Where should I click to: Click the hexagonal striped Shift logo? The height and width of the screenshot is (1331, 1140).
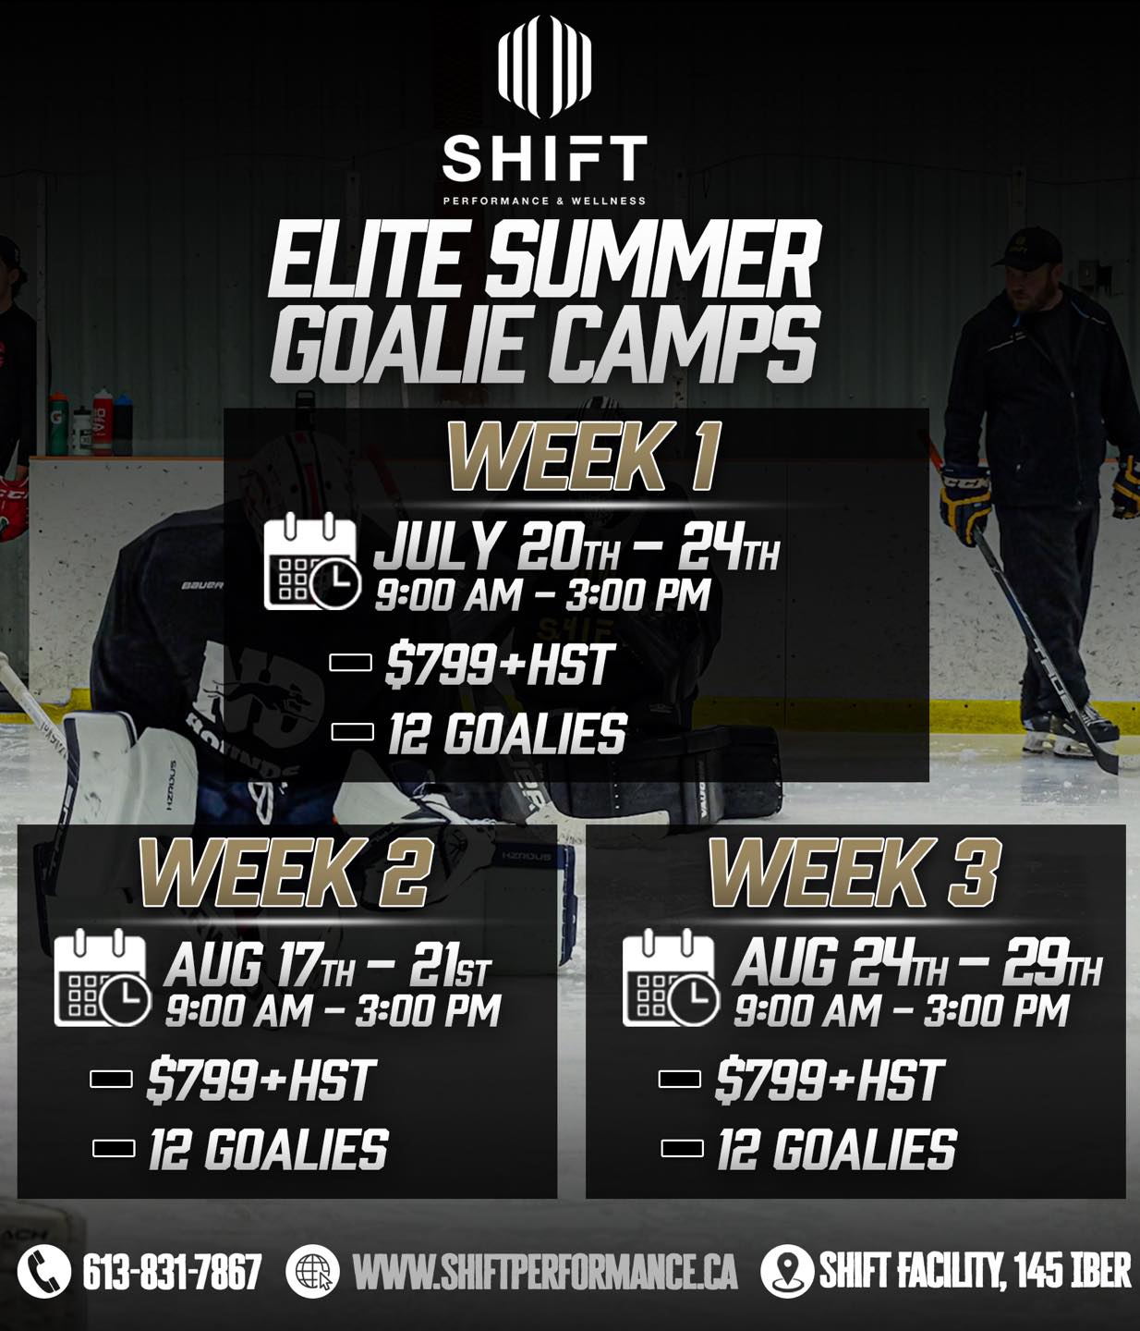coord(544,67)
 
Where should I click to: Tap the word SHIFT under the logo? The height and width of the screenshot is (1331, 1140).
coord(544,158)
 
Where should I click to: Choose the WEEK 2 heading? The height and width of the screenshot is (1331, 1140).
coord(284,873)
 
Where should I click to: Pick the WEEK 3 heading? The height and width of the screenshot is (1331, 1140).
coord(854,873)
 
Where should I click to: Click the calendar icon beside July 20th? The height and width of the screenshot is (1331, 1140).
coord(312,561)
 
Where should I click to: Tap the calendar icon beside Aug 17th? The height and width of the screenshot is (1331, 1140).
coord(103,978)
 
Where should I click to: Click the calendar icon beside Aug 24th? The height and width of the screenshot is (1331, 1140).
coord(671,978)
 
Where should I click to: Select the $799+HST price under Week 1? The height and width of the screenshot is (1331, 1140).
coord(497,665)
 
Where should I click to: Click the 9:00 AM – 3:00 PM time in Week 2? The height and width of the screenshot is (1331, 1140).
coord(333,1011)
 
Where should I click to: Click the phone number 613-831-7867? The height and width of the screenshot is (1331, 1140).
coord(172,1272)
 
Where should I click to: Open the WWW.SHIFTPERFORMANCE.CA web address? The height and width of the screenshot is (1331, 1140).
coord(545,1272)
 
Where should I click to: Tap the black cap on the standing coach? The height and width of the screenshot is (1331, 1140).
coord(1026,249)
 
